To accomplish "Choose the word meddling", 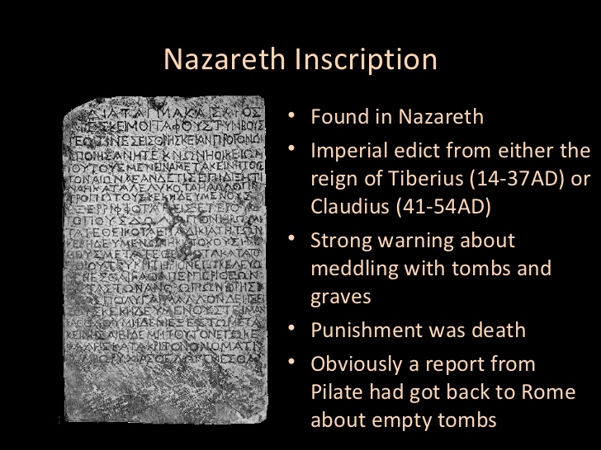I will click(351, 270).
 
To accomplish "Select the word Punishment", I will click(363, 330).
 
